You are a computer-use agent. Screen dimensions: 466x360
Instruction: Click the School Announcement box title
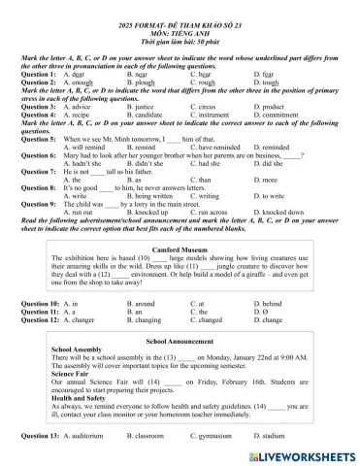click(180, 342)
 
